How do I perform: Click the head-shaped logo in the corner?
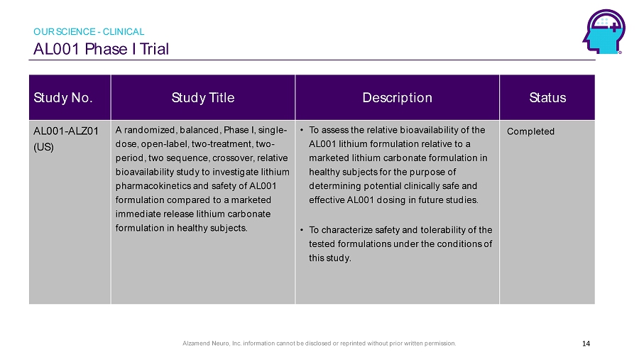click(x=604, y=32)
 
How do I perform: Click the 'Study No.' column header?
click(x=63, y=98)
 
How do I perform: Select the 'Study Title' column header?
click(x=203, y=98)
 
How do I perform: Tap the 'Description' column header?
click(x=398, y=98)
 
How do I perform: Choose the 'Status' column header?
click(x=547, y=98)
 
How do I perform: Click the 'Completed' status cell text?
click(x=530, y=131)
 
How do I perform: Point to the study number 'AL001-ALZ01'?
click(x=66, y=131)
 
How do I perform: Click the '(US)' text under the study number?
click(x=43, y=147)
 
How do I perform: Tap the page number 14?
click(x=586, y=343)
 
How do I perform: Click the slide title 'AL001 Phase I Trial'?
click(x=101, y=49)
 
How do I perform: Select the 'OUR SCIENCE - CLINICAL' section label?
click(x=89, y=31)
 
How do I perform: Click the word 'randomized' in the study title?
click(x=150, y=130)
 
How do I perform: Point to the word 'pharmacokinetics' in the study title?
click(x=153, y=186)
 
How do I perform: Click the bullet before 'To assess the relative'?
click(x=302, y=130)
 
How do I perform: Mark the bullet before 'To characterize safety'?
click(x=302, y=230)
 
